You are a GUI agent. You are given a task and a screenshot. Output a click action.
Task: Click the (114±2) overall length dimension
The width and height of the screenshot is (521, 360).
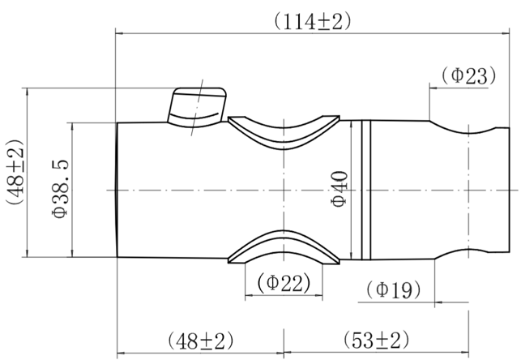(x=312, y=23)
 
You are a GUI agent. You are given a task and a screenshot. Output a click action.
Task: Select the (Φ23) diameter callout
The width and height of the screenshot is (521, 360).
(x=468, y=75)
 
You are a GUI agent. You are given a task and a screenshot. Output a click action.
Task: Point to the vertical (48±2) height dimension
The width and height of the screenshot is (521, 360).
(x=15, y=172)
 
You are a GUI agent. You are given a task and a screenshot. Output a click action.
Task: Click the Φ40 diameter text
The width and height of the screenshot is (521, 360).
(x=340, y=189)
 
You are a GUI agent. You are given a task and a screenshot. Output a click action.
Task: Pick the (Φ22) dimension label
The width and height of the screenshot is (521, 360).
(x=284, y=282)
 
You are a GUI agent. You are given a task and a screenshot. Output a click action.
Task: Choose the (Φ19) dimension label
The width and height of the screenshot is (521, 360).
(x=394, y=289)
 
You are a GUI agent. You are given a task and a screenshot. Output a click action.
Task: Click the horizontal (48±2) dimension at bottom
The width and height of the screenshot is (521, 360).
(x=201, y=341)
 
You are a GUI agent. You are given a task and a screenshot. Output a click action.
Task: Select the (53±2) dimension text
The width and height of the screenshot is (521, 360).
(x=376, y=340)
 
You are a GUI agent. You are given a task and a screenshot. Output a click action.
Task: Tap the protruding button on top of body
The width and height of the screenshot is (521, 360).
(x=197, y=107)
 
